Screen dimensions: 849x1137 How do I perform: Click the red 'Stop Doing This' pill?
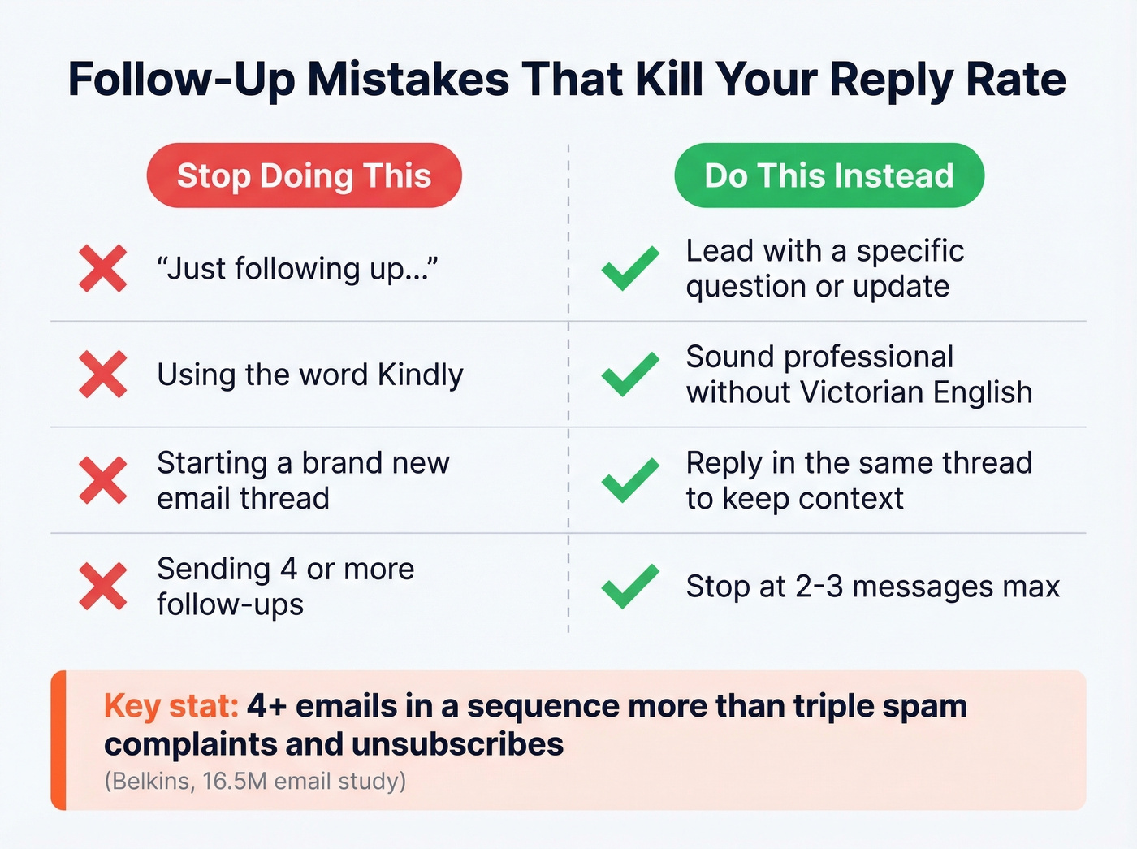304,175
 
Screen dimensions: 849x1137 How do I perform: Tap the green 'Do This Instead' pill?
828,175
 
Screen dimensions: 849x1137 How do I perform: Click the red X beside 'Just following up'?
103,268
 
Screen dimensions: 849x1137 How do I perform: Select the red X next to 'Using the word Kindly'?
103,375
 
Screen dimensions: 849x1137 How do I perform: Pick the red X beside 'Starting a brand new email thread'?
103,480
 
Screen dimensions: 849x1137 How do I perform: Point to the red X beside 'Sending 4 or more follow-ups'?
103,586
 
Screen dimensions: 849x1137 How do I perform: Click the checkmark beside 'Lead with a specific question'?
630,268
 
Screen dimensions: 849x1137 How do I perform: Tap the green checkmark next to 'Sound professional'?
630,375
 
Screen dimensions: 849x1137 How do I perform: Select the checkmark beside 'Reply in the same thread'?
630,480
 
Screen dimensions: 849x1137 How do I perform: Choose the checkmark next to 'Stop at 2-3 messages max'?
630,586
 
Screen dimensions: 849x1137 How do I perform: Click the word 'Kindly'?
420,375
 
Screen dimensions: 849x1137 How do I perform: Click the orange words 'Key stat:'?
171,706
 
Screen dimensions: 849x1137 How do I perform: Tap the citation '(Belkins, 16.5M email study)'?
255,781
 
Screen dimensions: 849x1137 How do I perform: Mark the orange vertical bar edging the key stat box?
58,740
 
